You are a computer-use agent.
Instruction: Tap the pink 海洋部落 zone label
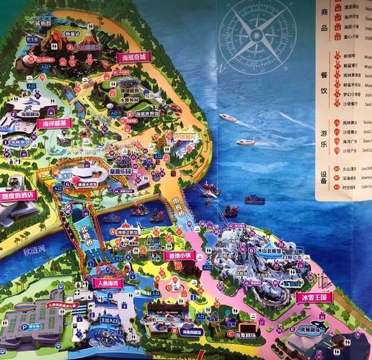[54, 123]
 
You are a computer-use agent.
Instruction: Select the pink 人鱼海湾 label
[108, 283]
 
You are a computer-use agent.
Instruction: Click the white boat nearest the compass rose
[228, 118]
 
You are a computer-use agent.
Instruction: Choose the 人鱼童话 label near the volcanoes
[72, 32]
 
